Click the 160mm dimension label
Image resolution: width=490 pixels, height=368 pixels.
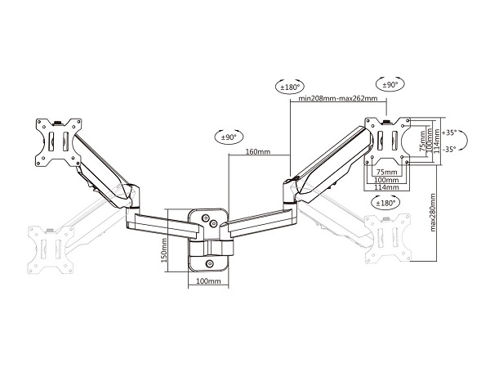(x=258, y=152)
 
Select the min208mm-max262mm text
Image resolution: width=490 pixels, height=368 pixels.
(x=338, y=98)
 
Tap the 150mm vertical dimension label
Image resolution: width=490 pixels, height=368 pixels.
(x=164, y=250)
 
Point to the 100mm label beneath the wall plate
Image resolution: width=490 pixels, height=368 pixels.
(x=208, y=281)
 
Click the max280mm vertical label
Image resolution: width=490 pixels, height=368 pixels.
(x=433, y=213)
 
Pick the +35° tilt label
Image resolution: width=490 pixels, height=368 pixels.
(x=450, y=132)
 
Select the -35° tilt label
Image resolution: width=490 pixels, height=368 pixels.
(x=450, y=150)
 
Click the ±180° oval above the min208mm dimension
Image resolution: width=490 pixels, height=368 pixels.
(x=290, y=87)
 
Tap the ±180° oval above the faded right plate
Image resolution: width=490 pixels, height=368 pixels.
(x=386, y=203)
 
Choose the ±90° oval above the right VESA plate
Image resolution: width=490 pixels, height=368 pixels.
(x=390, y=84)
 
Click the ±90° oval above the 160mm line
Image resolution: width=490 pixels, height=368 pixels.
(x=229, y=137)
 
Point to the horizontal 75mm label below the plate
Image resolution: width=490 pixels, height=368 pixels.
(x=386, y=172)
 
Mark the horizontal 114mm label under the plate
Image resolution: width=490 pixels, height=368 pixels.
(x=386, y=187)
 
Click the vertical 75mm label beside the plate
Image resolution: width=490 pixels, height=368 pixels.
(x=422, y=141)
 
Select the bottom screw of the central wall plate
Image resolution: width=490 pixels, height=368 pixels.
(x=210, y=263)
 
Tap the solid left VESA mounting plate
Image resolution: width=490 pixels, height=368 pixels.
(x=59, y=142)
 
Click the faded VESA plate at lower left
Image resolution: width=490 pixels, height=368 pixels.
(x=51, y=250)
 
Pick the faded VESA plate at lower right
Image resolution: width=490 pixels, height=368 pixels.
(x=387, y=239)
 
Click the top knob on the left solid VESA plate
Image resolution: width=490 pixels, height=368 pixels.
(x=58, y=123)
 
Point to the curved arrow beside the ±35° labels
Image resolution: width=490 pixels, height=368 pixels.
(x=464, y=140)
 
